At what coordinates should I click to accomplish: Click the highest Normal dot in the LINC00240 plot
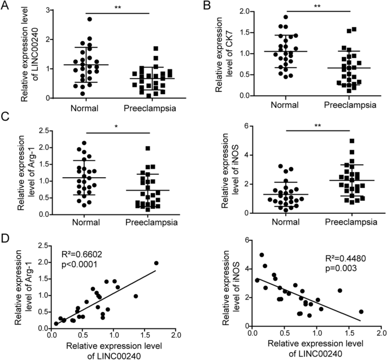pos(89,19)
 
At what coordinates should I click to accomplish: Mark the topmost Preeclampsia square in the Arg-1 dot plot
pos(147,148)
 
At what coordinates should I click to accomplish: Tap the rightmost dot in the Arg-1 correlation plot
pos(156,263)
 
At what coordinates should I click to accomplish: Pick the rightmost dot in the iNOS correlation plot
pos(361,311)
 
